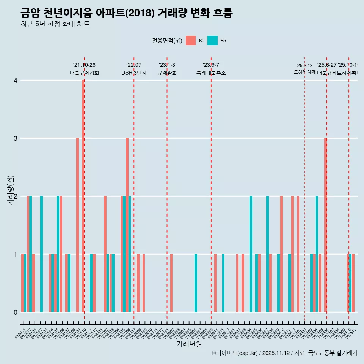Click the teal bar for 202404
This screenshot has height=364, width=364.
[251, 254]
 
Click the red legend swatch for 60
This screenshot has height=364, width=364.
[191, 41]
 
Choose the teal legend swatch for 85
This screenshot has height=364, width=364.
[212, 41]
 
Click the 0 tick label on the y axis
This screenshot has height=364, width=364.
[16, 312]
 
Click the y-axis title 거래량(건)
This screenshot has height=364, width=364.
[11, 190]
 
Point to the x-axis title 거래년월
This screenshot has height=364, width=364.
[189, 344]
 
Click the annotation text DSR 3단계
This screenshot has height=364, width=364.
[134, 73]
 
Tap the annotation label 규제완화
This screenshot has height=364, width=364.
[167, 73]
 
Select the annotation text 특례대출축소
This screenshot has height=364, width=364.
[211, 73]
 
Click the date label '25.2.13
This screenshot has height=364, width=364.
[304, 66]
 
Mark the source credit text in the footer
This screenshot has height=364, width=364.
[284, 353]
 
